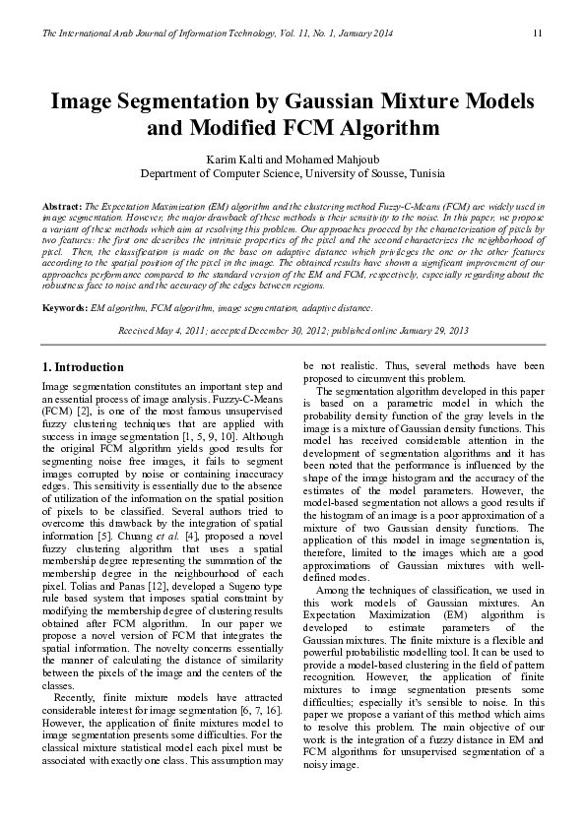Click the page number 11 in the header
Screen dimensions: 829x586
click(x=537, y=34)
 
